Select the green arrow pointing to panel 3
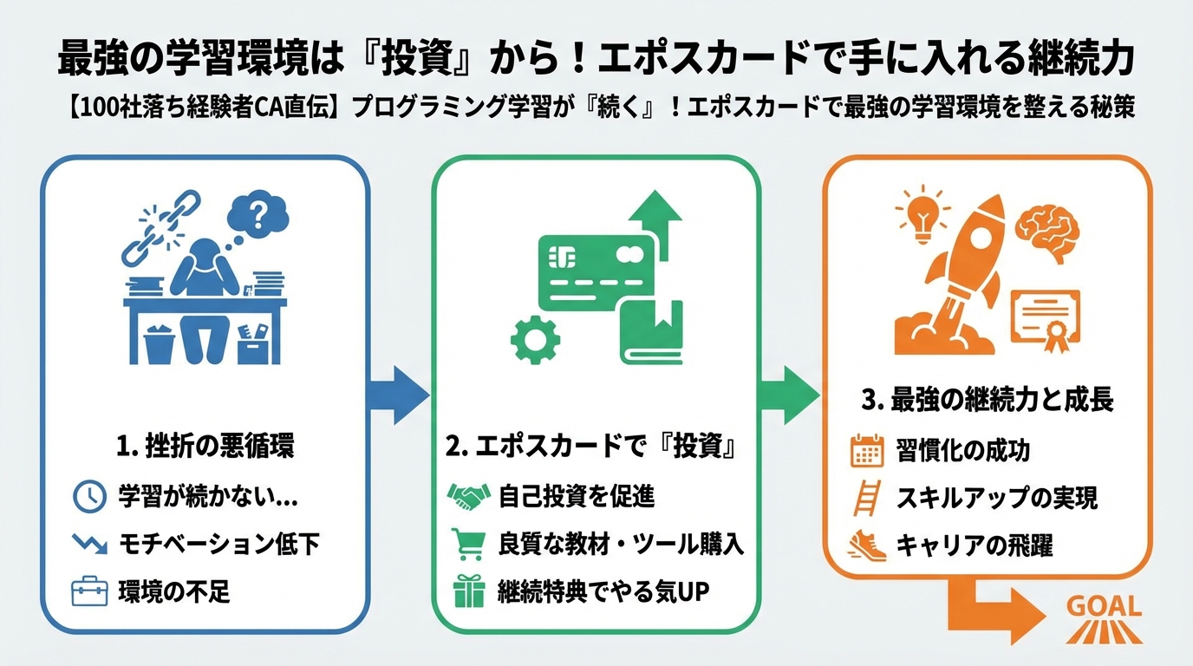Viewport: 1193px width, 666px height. tap(790, 395)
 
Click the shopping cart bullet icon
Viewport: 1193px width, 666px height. tap(467, 544)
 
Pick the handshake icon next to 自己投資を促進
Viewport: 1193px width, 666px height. tap(468, 496)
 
